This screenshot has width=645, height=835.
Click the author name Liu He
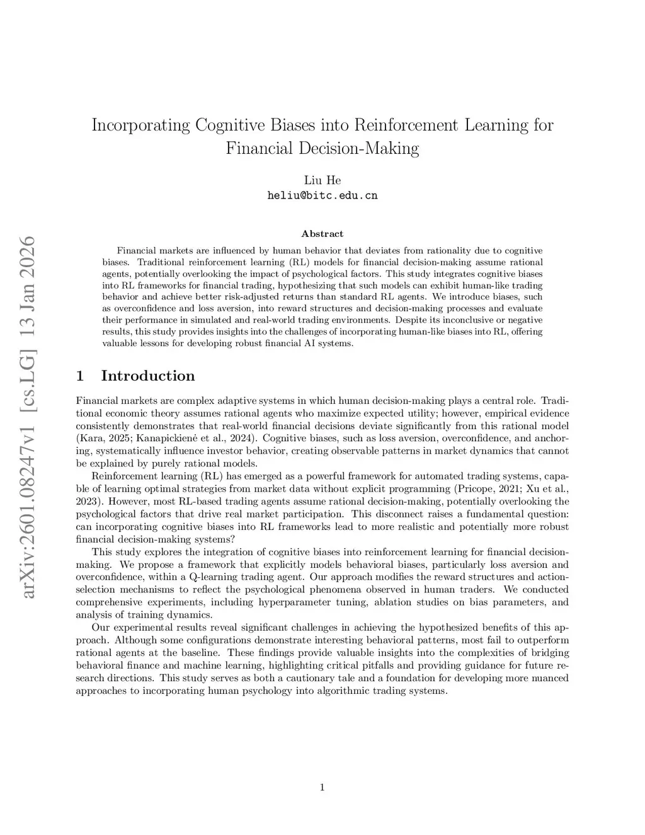coord(322,180)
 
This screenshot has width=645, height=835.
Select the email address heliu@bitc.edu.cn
coord(322,195)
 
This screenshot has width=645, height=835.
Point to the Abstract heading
coord(322,234)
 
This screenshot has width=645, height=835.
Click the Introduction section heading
coord(147,376)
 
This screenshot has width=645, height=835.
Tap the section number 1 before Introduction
coord(80,376)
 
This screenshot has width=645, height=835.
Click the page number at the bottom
coord(322,786)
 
